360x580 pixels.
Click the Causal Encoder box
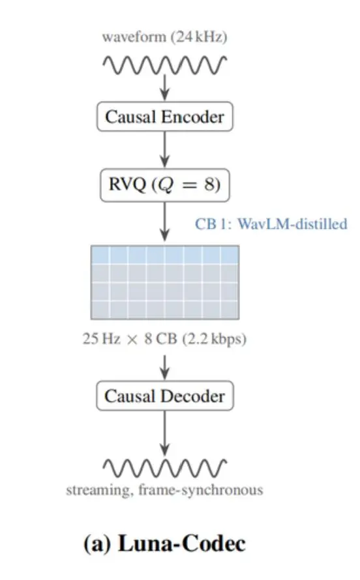(164, 117)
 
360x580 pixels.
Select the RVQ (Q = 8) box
(164, 185)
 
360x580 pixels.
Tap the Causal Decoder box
(164, 396)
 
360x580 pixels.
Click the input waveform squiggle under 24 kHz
(164, 65)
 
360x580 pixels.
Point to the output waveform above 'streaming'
(164, 468)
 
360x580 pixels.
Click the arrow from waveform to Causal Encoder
(165, 87)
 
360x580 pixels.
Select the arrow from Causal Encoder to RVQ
(165, 149)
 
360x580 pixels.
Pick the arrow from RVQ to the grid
(165, 222)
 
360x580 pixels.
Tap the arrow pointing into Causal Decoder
(165, 368)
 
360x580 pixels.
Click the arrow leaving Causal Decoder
(165, 433)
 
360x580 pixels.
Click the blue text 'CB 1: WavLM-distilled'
(271, 224)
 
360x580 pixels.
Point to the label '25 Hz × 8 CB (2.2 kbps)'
(164, 339)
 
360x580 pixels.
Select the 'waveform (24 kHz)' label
(164, 37)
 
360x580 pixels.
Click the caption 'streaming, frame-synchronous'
(164, 490)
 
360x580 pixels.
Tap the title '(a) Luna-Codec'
(164, 544)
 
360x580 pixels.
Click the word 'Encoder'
(193, 117)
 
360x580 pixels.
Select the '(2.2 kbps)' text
(214, 339)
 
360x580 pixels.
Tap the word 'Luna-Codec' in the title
(182, 544)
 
